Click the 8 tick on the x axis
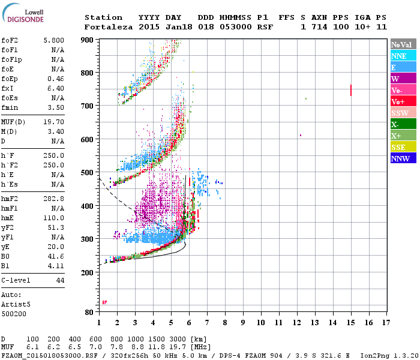click(x=225, y=323)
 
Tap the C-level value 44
click(x=60, y=280)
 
